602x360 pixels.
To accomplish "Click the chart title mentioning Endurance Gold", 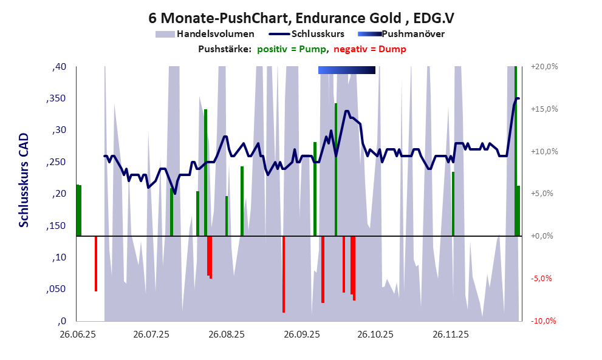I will (x=301, y=18).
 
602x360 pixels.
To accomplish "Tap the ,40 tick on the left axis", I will (x=59, y=67).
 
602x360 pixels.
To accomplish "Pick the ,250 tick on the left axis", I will (x=56, y=162).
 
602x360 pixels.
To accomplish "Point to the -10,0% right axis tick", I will (x=542, y=321).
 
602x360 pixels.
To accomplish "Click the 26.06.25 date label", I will (x=77, y=334).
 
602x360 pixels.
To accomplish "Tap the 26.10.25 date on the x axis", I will (x=375, y=334).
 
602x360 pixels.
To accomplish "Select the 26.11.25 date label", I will (x=450, y=334).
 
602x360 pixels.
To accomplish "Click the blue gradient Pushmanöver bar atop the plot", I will (x=346, y=70).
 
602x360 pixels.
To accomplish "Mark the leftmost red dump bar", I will (x=96, y=263).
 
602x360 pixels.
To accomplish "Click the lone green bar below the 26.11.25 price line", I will (x=453, y=203).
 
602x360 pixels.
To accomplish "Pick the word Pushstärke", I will (x=225, y=49).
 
